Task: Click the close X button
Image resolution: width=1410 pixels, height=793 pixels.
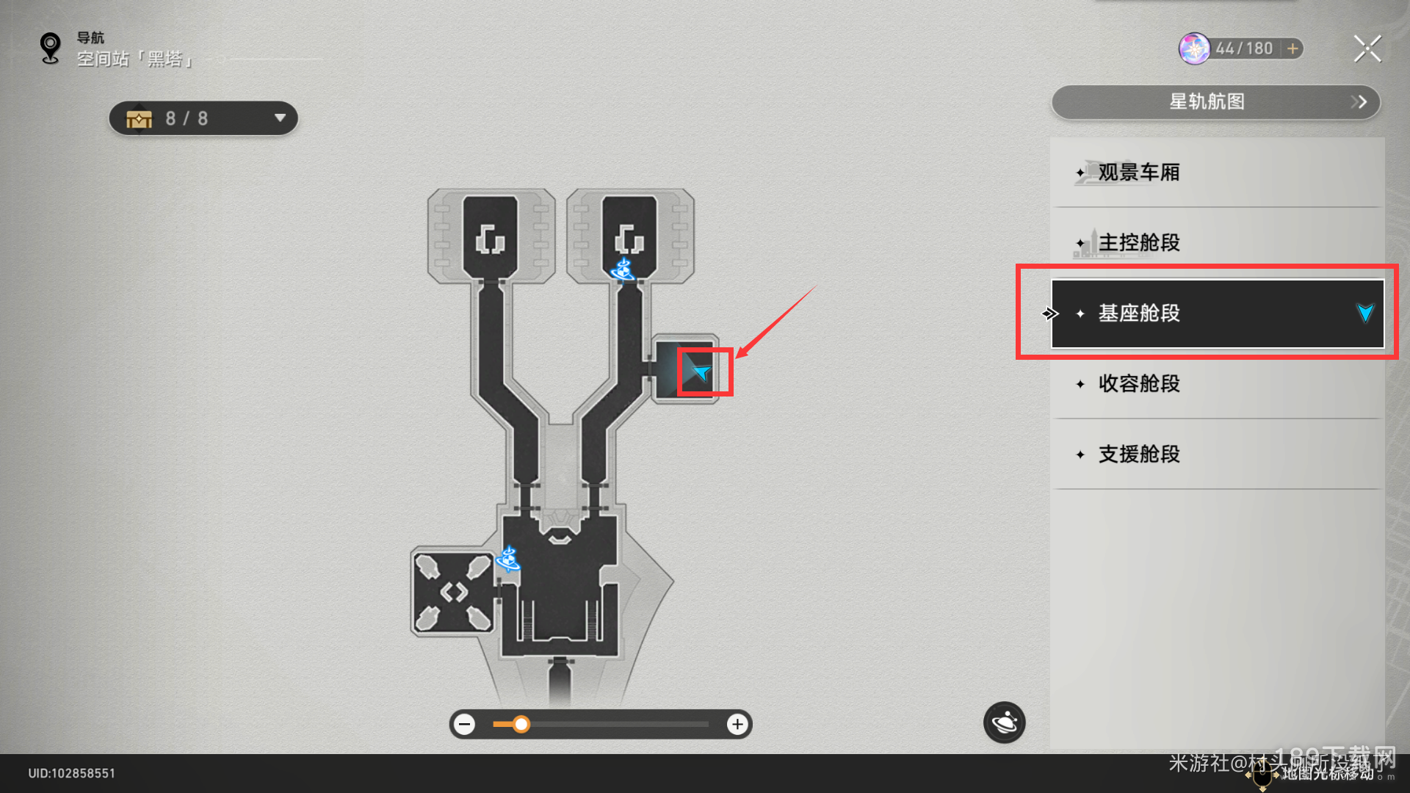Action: coord(1367,49)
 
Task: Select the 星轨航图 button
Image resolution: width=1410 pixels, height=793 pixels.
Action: coord(1215,102)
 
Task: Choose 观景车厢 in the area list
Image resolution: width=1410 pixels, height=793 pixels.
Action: coord(1139,173)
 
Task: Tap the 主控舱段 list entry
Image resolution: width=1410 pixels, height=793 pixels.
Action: coord(1139,243)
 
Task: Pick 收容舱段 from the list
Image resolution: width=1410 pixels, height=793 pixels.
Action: coord(1139,384)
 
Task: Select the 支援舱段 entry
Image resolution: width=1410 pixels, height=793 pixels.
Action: coord(1139,455)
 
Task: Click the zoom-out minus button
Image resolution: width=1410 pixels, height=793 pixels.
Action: coord(464,725)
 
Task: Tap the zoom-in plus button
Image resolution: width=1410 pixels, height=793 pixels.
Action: coord(737,725)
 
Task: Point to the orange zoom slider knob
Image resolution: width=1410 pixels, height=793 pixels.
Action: coord(521,725)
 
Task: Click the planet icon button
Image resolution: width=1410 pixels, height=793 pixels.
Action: coord(1004,723)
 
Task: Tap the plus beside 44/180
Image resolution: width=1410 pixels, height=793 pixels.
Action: coord(1292,48)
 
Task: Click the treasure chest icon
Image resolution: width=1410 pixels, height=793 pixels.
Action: coord(139,119)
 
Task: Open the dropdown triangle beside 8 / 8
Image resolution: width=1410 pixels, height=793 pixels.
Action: coord(280,118)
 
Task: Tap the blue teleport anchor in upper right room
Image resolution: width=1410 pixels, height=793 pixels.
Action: coord(623,269)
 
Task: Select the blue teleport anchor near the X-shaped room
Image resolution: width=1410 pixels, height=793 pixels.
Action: coord(508,560)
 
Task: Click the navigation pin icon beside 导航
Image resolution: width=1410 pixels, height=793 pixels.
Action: coord(50,48)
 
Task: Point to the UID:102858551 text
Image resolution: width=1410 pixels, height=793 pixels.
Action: coord(72,773)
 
